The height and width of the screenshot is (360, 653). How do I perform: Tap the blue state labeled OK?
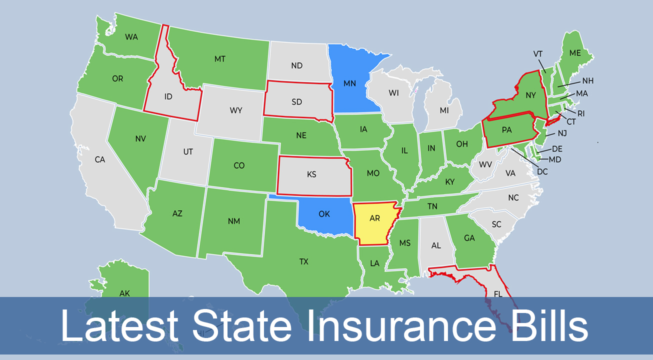(324, 214)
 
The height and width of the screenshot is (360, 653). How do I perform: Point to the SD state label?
(296, 101)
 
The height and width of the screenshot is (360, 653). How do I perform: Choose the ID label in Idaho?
(168, 96)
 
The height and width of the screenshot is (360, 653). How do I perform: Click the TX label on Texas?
(303, 261)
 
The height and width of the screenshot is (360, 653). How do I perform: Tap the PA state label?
(506, 130)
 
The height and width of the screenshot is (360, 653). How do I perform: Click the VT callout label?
(538, 54)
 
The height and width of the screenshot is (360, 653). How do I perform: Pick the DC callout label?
(542, 171)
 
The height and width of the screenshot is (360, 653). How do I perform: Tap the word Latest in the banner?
(119, 326)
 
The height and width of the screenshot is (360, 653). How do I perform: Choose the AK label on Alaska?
(124, 293)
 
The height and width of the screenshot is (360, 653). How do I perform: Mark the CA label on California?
(100, 160)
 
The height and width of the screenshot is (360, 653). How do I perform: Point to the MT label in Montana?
(220, 59)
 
